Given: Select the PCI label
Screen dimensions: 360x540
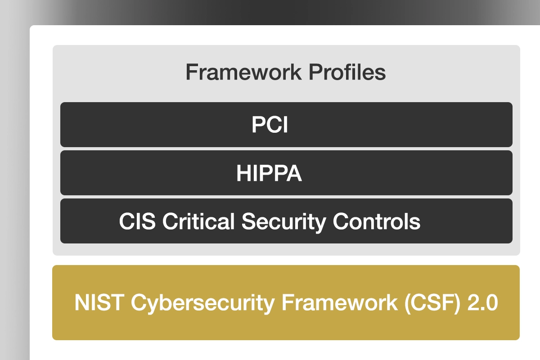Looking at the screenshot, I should (x=270, y=125).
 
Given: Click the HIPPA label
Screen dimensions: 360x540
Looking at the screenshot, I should (x=269, y=173).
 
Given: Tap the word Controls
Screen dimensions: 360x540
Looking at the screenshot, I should (x=377, y=221).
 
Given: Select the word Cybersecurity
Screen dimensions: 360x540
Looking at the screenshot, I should (x=201, y=302).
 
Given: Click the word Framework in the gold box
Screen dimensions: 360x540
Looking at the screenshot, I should (x=340, y=302).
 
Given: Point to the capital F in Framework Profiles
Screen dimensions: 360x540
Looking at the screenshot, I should (x=191, y=72).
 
